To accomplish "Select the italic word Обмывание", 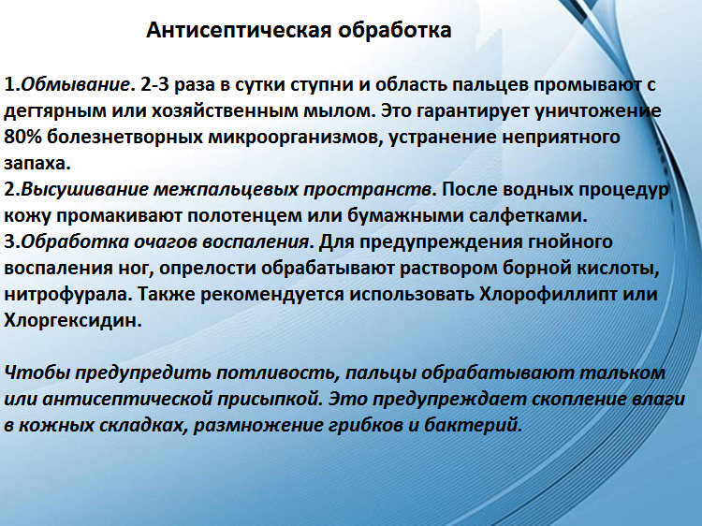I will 74,84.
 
